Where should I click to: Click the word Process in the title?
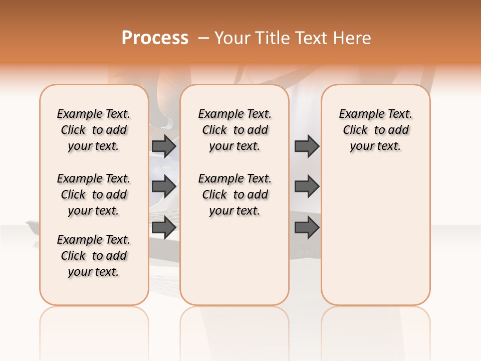[x=155, y=38]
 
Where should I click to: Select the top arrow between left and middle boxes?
[x=164, y=146]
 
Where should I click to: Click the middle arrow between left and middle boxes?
[x=164, y=187]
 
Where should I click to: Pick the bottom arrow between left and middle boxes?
[x=164, y=228]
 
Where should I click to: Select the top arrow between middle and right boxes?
[x=307, y=146]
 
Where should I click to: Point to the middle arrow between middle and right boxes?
[x=307, y=187]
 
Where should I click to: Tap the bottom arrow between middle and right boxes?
[x=307, y=228]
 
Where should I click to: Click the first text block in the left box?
[x=94, y=130]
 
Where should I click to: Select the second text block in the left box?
[x=94, y=195]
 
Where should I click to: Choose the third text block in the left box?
[x=94, y=256]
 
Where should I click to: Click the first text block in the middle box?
[x=235, y=130]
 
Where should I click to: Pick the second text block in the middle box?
[x=235, y=195]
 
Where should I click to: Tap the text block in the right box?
[x=376, y=130]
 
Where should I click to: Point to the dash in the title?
[x=203, y=38]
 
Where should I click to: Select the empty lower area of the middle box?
[x=234, y=261]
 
